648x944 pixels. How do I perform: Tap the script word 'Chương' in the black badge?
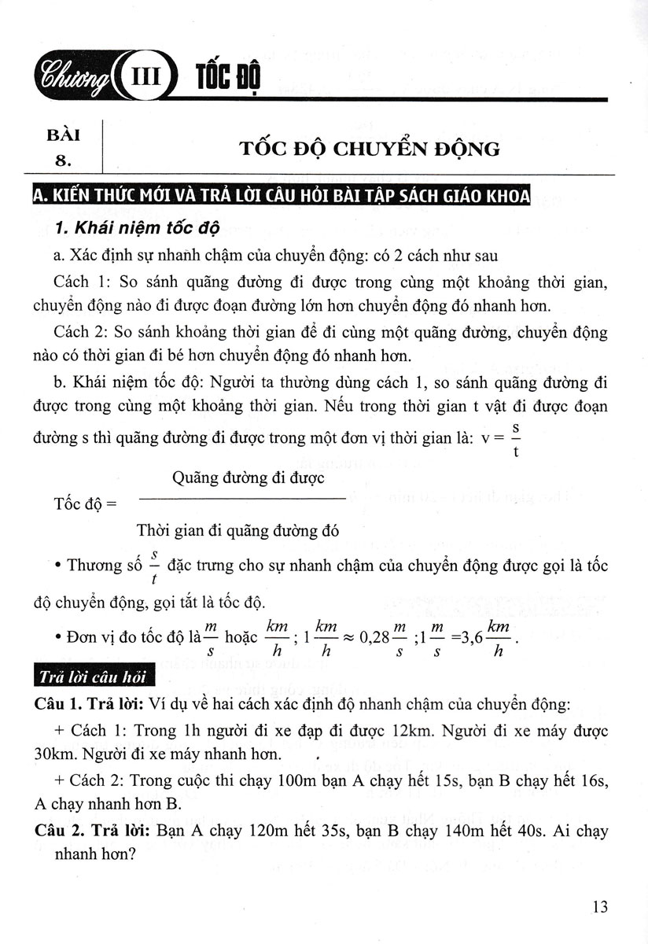[67, 79]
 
